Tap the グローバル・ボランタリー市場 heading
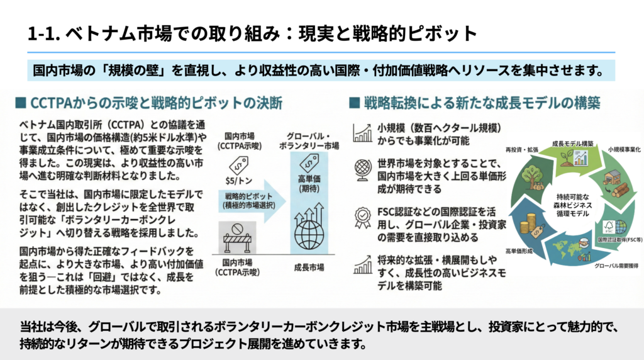[x=309, y=141]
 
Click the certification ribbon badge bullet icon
[x=363, y=217]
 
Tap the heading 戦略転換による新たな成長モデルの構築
[x=481, y=101]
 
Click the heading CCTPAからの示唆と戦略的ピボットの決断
[x=155, y=101]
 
